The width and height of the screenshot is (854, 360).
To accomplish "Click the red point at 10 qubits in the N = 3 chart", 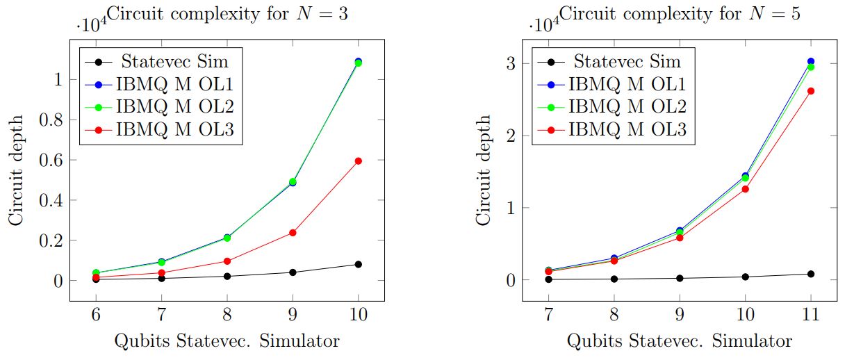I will [x=359, y=161].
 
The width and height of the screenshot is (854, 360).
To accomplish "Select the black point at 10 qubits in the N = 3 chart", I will [x=359, y=264].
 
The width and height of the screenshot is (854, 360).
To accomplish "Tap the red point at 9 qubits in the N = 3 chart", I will [x=293, y=233].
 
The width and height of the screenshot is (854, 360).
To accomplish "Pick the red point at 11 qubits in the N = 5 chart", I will [x=810, y=91].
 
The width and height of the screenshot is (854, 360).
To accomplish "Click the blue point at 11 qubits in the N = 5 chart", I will [x=810, y=62].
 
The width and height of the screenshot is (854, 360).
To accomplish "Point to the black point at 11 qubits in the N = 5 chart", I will [x=810, y=274].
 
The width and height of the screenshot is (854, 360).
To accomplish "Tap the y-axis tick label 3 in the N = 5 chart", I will [x=511, y=63].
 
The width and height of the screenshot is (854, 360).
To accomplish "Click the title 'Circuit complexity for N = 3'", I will [x=227, y=15].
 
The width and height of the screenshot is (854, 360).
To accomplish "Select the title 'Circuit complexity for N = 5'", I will [x=680, y=15].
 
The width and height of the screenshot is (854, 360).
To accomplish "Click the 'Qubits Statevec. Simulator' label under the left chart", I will [x=227, y=341].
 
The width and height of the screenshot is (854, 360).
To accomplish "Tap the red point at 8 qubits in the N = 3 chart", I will [x=227, y=261].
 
